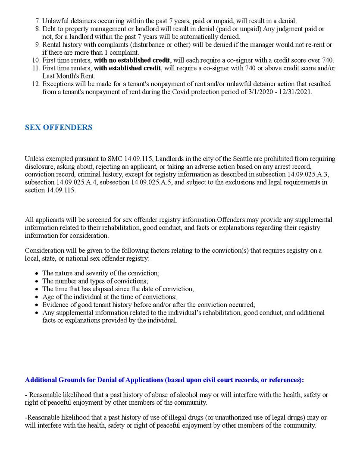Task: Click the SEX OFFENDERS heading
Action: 59,127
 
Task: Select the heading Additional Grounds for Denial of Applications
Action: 164,380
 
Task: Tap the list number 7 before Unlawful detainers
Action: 38,21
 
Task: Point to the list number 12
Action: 36,84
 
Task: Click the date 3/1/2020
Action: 262,92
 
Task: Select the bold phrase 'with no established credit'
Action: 132,60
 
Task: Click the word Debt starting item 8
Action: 49,29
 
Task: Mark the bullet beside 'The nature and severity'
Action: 38,274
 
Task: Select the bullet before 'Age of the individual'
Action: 38,297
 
